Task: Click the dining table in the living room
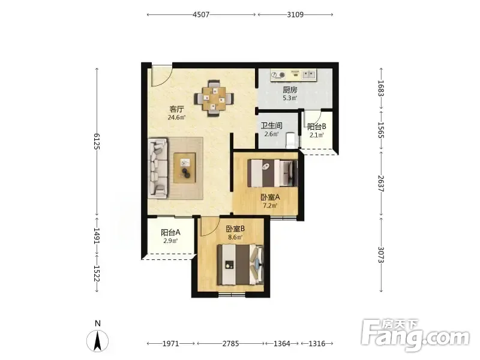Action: (x=214, y=98)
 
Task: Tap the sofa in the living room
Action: (x=158, y=168)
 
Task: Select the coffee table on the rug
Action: (x=185, y=167)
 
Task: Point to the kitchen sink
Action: (x=309, y=74)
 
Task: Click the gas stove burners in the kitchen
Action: (x=278, y=75)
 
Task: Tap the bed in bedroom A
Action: (x=272, y=173)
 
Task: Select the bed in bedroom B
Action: (x=241, y=265)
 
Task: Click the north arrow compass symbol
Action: (x=97, y=341)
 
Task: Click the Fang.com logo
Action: (x=415, y=335)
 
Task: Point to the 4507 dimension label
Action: (x=201, y=14)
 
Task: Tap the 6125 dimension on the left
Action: (x=97, y=141)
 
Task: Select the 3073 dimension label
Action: (x=381, y=254)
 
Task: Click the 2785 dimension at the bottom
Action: (x=230, y=343)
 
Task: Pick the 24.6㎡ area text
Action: (x=176, y=117)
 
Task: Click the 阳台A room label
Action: (x=170, y=233)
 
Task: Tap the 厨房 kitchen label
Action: (x=290, y=90)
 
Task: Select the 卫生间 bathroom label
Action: (x=271, y=126)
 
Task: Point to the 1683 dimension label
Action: (x=381, y=88)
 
